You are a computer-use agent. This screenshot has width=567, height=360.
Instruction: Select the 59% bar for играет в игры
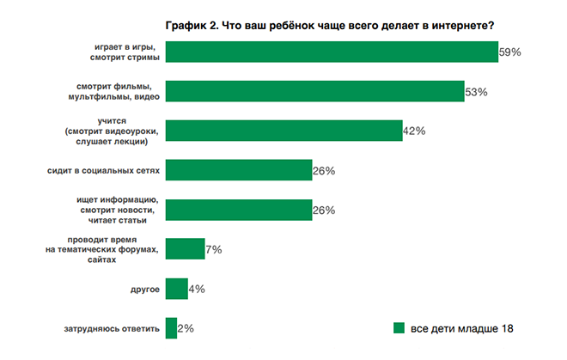pyautogui.click(x=332, y=52)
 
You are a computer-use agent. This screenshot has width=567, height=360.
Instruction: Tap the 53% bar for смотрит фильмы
pyautogui.click(x=314, y=91)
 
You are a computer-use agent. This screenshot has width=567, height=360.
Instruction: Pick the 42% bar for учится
pyautogui.click(x=283, y=131)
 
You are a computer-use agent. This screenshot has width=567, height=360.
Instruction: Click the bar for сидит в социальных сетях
pyautogui.click(x=238, y=170)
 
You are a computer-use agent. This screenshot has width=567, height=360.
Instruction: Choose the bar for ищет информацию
pyautogui.click(x=238, y=210)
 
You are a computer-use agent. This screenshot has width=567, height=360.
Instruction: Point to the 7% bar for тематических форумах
pyautogui.click(x=184, y=249)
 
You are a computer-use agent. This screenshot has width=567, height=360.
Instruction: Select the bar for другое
pyautogui.click(x=176, y=289)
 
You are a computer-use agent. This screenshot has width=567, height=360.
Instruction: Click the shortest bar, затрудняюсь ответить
pyautogui.click(x=170, y=328)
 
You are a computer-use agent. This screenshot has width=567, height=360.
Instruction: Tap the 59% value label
pyautogui.click(x=510, y=52)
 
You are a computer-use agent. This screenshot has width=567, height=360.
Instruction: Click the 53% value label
pyautogui.click(x=476, y=91)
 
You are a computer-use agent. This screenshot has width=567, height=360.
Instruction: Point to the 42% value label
pyautogui.click(x=414, y=131)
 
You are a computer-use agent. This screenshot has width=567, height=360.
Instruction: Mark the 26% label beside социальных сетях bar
pyautogui.click(x=323, y=170)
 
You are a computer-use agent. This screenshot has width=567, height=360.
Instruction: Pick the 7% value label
pyautogui.click(x=213, y=249)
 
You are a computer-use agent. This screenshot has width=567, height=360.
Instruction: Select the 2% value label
pyautogui.click(x=186, y=328)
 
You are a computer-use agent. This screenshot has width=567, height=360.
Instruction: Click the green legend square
pyautogui.click(x=399, y=328)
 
